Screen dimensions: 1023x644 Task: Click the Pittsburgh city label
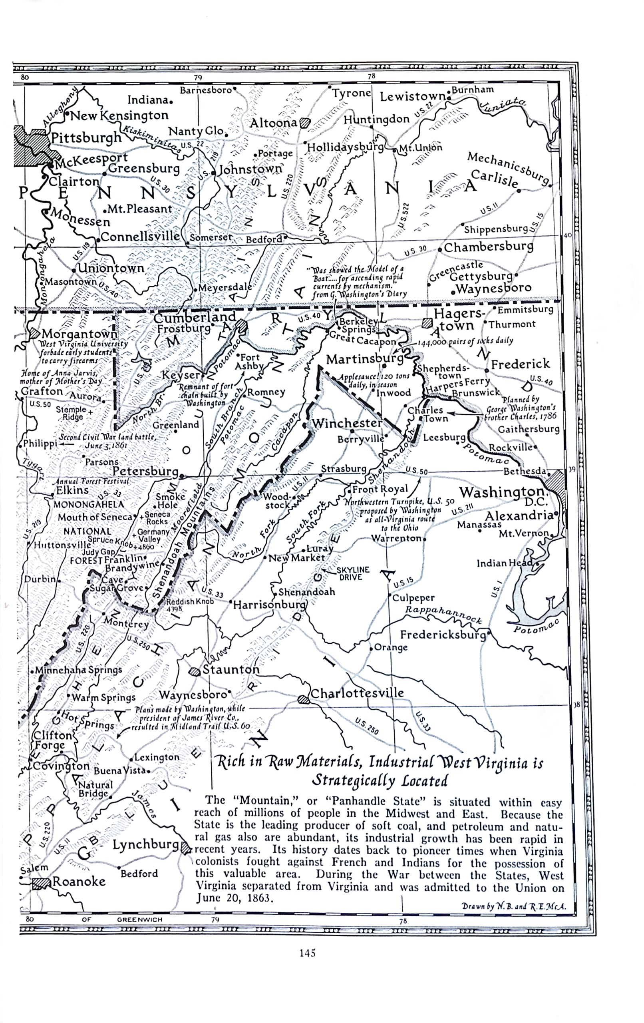point(86,139)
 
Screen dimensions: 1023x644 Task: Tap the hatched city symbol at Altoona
point(305,123)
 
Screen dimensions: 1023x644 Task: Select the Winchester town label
point(347,423)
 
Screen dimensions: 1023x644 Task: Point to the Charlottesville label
point(357,693)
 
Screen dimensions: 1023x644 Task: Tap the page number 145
point(307,964)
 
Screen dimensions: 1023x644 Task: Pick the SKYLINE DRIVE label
point(353,573)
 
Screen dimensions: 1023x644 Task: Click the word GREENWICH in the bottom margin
point(139,920)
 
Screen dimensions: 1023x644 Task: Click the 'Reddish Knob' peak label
point(189,601)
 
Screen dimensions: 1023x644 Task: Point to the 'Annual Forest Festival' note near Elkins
point(90,482)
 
